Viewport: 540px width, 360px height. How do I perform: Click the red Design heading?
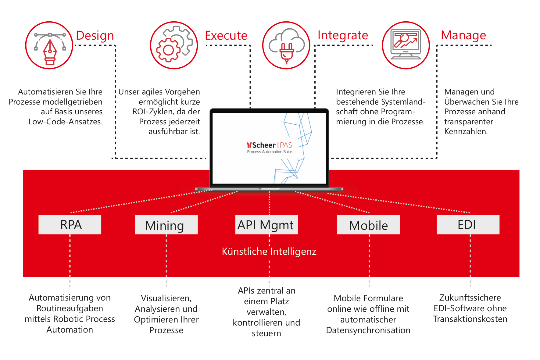[95, 36]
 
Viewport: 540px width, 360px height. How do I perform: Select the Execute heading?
[226, 36]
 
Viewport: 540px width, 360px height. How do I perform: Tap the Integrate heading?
[343, 35]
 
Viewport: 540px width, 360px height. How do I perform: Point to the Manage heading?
[463, 35]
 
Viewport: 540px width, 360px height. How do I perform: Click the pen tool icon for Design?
[49, 46]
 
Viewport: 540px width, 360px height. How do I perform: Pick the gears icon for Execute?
[174, 45]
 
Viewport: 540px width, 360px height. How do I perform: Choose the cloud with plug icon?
[286, 45]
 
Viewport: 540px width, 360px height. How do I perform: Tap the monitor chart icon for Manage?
[406, 45]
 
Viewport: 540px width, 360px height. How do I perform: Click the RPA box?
[70, 225]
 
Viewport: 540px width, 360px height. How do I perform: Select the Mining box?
[166, 225]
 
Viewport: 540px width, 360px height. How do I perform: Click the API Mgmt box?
[266, 225]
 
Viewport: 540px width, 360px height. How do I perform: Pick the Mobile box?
[368, 225]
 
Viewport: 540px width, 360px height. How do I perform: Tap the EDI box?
[468, 225]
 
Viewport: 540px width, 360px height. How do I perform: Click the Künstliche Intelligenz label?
[269, 251]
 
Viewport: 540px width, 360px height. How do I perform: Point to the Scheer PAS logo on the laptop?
[270, 147]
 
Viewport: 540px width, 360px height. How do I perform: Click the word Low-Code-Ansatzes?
[65, 122]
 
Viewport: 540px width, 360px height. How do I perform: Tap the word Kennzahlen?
[466, 131]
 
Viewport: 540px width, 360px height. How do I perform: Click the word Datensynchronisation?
[368, 330]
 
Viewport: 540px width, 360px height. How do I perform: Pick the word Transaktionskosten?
[470, 319]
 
